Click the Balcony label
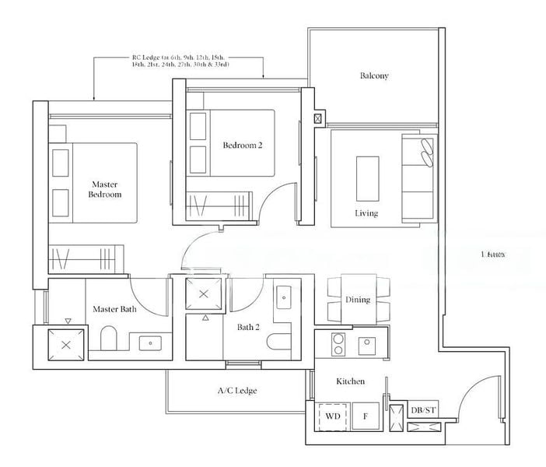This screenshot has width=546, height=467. pyautogui.click(x=374, y=76)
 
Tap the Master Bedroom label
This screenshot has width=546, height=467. pyautogui.click(x=104, y=189)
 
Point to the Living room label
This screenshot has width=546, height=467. pyautogui.click(x=366, y=213)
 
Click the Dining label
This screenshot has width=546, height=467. pyautogui.click(x=358, y=300)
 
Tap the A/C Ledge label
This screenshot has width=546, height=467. pyautogui.click(x=236, y=390)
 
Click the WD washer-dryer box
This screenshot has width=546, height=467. pyautogui.click(x=333, y=417)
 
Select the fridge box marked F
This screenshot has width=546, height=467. pyautogui.click(x=365, y=417)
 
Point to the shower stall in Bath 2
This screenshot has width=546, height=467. pyautogui.click(x=204, y=294)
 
